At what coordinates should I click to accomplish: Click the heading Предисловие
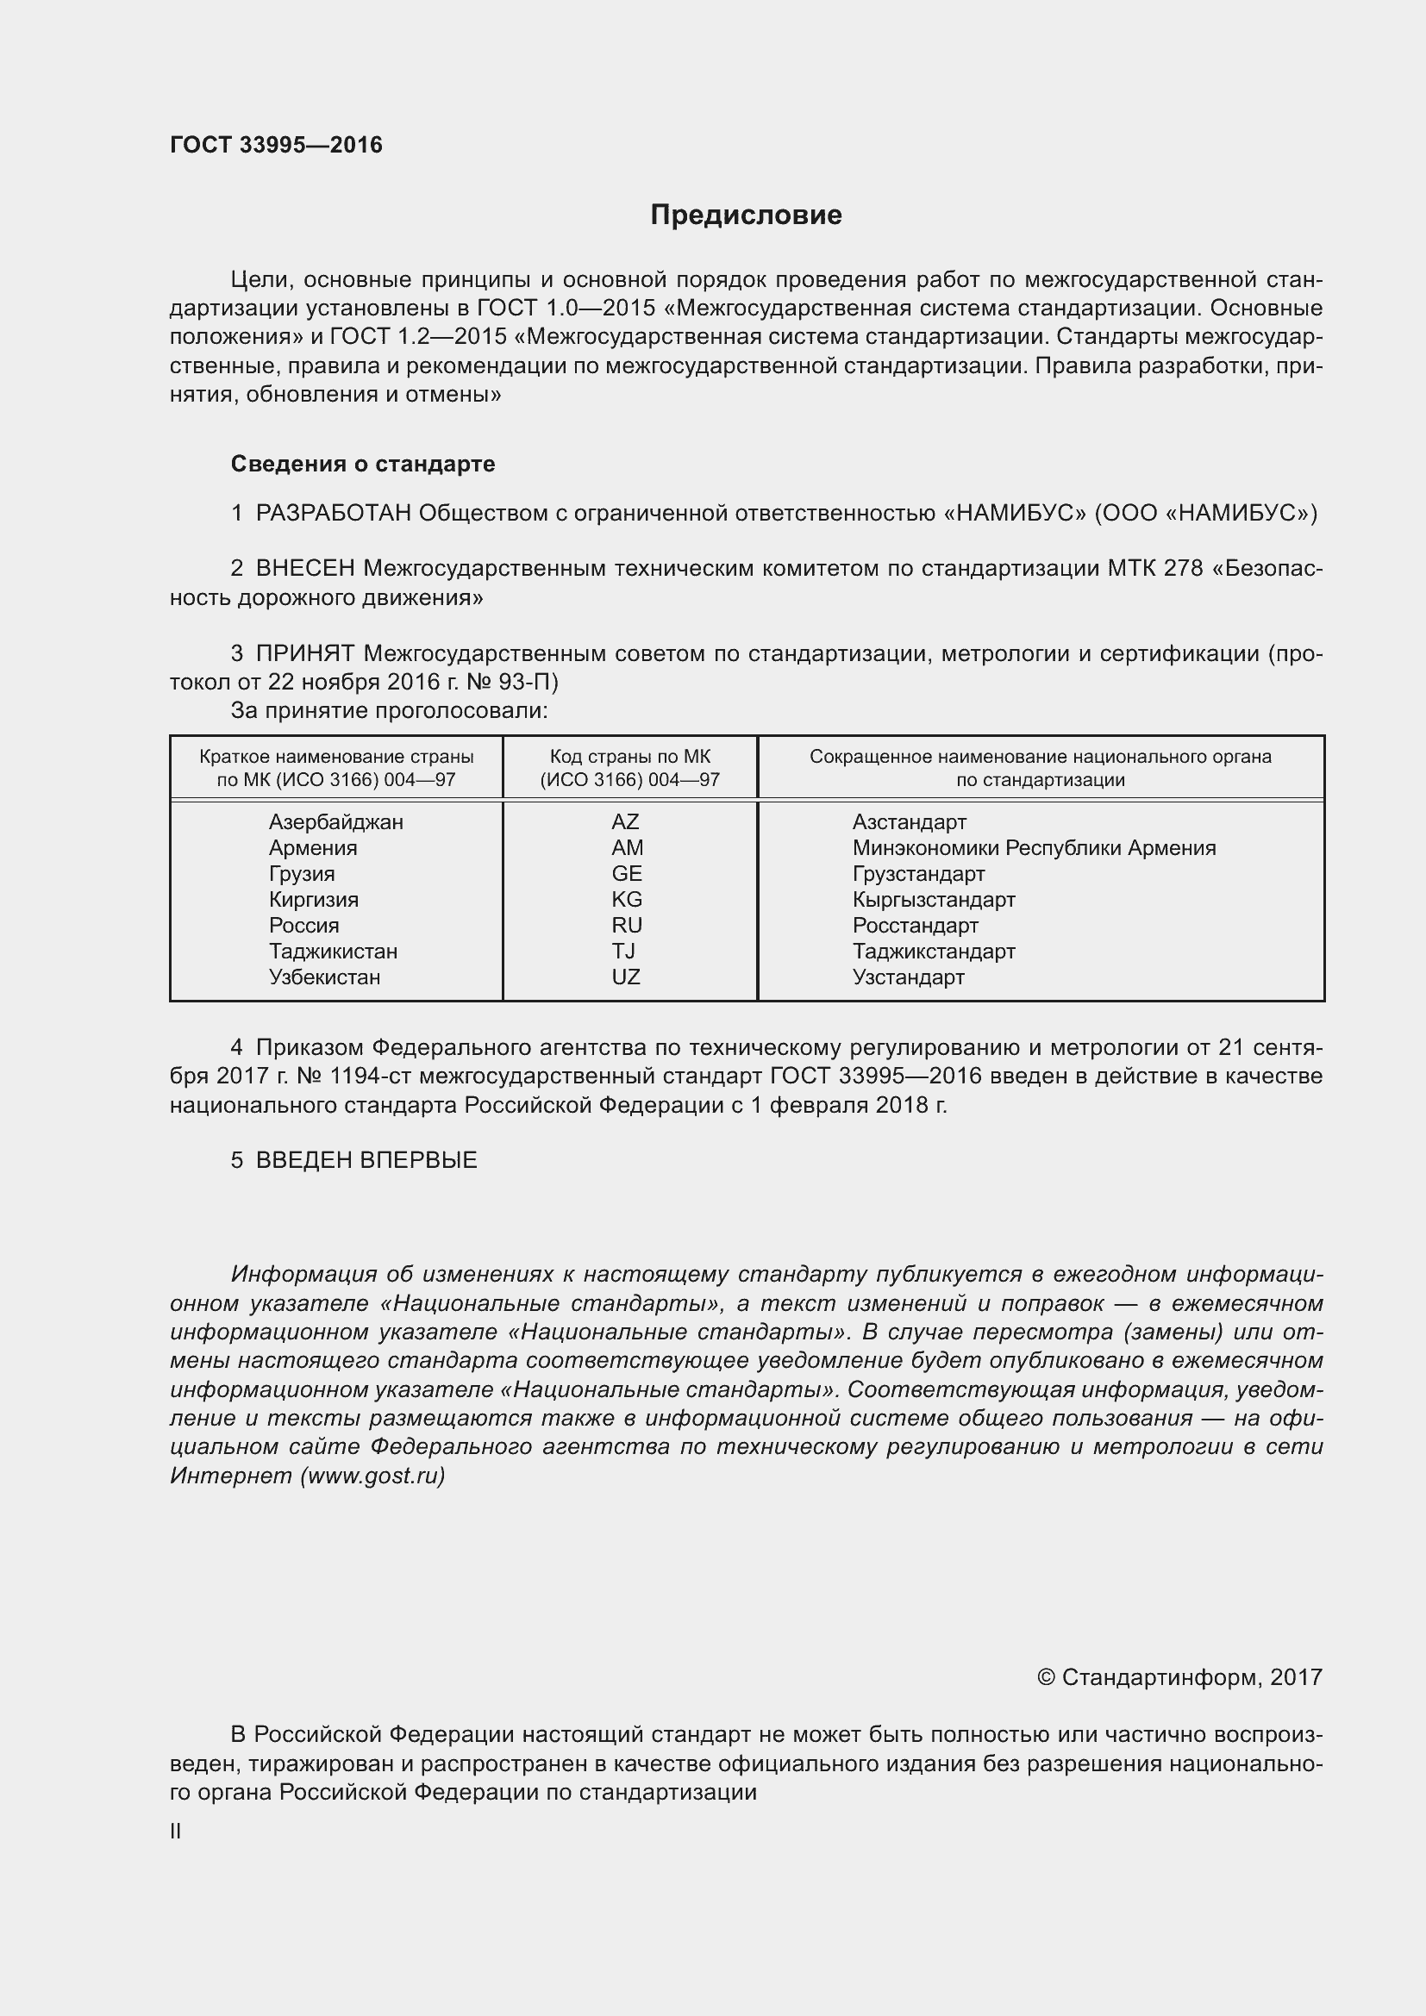(x=746, y=215)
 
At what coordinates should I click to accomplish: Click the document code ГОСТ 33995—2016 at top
(x=276, y=145)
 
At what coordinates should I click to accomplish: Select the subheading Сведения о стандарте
(x=363, y=464)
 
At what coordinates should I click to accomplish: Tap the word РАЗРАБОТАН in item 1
(x=333, y=513)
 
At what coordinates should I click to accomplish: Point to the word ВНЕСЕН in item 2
(x=304, y=569)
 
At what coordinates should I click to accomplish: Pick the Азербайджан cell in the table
(x=335, y=822)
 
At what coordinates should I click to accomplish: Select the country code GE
(x=626, y=874)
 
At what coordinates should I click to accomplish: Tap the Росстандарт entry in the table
(x=914, y=926)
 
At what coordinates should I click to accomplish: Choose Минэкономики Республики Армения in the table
(x=1034, y=848)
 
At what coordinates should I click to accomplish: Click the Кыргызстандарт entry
(x=933, y=900)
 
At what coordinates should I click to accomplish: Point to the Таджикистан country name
(x=333, y=952)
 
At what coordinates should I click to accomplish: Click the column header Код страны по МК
(x=629, y=757)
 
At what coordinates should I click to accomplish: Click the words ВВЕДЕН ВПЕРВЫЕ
(x=366, y=1160)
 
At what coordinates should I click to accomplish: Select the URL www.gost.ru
(x=372, y=1476)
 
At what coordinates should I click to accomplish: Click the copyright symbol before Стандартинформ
(x=1045, y=1678)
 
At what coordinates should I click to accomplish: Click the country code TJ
(x=623, y=952)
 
